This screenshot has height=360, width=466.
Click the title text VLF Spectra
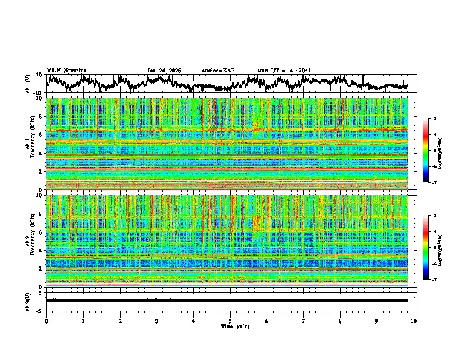pos(66,71)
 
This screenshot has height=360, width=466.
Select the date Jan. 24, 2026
pos(164,71)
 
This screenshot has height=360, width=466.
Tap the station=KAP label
pos(218,71)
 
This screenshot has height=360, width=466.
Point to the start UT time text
pos(284,71)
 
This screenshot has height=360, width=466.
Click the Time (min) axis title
pos(230,326)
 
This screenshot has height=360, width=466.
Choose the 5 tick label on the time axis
pos(230,321)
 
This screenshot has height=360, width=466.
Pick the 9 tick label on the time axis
pos(377,321)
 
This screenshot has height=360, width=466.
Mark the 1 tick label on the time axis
pos(83,321)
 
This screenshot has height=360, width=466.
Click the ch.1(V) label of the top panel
pos(28,84)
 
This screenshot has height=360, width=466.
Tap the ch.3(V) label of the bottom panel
pos(28,300)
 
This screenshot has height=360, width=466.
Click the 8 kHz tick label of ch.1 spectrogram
pos(41,116)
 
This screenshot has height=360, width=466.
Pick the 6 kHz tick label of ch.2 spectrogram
pos(41,232)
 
